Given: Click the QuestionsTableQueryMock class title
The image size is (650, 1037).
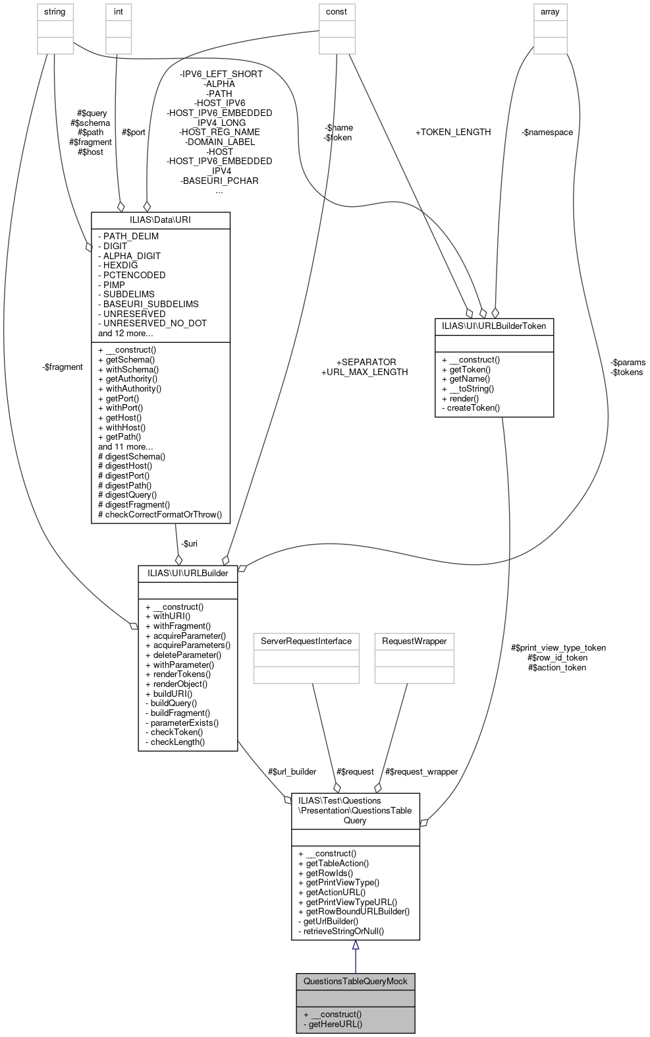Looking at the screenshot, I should click(x=355, y=981).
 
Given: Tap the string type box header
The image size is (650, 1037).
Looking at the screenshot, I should click(x=55, y=12).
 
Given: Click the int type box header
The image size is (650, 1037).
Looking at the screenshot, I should click(x=119, y=12).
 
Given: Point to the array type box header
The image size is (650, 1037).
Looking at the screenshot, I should click(x=550, y=12).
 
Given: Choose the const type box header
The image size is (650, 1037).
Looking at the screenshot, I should click(x=337, y=12).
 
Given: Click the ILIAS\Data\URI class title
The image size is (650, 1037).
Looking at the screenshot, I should click(x=160, y=220).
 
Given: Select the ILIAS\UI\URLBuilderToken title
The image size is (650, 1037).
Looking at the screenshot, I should click(x=494, y=326).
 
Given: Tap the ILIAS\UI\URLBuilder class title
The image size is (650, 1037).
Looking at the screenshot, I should click(x=188, y=573).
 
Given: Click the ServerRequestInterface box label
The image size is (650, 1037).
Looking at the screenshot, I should click(x=306, y=641).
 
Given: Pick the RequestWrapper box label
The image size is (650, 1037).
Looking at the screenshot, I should click(x=414, y=641).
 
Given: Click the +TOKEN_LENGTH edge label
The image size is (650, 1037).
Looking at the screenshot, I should click(x=453, y=132).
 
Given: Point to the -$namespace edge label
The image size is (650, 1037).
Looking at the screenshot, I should click(x=547, y=132).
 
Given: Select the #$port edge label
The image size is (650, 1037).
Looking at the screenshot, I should click(x=134, y=132).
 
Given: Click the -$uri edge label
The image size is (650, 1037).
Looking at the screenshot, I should click(x=189, y=543).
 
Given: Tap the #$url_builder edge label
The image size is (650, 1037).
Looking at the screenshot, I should click(x=292, y=771).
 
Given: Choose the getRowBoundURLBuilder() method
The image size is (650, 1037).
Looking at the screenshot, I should click(x=358, y=911).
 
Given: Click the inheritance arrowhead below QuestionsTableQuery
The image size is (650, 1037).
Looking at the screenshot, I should click(x=356, y=945).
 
